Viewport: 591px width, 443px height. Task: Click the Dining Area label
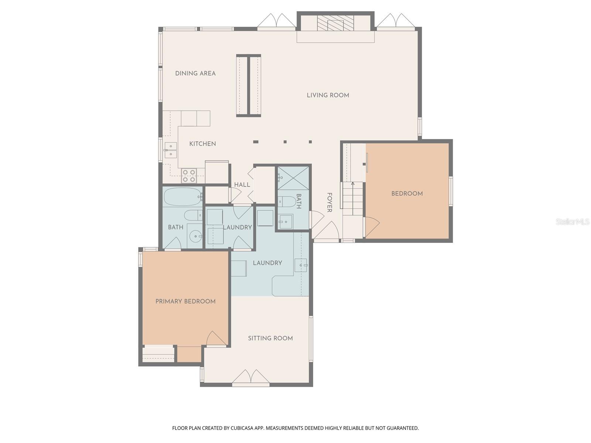[x=195, y=73]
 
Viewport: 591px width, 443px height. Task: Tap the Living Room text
[x=328, y=95]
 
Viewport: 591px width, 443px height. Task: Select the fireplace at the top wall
[x=335, y=23]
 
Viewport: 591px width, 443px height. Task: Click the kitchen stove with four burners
[x=189, y=176]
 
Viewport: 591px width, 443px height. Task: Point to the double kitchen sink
[x=171, y=150]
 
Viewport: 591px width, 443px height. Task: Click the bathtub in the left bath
[x=182, y=197]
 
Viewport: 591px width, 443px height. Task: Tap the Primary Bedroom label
[x=185, y=301]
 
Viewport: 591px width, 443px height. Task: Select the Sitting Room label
[x=270, y=338]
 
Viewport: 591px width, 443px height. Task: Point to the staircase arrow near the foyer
[x=353, y=184]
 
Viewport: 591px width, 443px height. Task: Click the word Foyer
[x=329, y=202]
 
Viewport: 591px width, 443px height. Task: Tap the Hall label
[x=242, y=185]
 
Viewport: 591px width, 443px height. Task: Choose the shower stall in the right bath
[x=293, y=178]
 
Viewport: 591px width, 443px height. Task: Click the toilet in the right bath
[x=287, y=202]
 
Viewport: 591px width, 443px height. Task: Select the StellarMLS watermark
[x=573, y=221]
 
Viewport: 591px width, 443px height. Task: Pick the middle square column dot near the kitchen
[x=285, y=142]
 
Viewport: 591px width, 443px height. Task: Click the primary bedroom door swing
[x=216, y=339]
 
